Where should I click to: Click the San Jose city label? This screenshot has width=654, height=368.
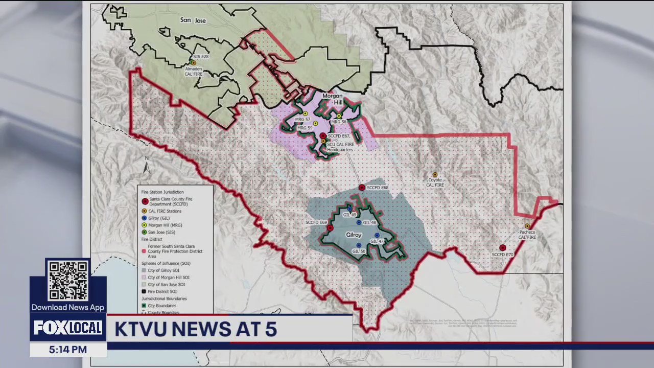point(193,20)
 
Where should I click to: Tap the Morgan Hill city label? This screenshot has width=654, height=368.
point(333,99)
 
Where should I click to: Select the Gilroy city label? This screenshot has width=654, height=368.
point(354,235)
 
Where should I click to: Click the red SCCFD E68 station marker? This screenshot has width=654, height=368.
point(362,188)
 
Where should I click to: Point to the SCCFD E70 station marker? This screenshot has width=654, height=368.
point(503,248)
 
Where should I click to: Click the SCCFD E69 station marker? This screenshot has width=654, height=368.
point(330,228)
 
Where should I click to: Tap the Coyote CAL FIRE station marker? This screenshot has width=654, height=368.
point(435,175)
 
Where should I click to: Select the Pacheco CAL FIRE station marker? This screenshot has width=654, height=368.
point(527,226)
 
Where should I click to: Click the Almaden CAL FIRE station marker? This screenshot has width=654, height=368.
point(193,63)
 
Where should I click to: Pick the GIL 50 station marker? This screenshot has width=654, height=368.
point(359,245)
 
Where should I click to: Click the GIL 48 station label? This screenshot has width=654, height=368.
point(369,223)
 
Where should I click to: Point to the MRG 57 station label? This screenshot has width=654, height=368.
point(302,120)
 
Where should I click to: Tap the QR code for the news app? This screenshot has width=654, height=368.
point(68,281)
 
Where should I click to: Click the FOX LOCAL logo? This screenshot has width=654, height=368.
point(68,328)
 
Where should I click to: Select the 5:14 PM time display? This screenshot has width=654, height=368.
point(68,350)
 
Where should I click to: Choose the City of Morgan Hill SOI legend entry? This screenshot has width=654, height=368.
point(169,278)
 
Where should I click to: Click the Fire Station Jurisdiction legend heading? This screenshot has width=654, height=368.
point(162,192)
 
